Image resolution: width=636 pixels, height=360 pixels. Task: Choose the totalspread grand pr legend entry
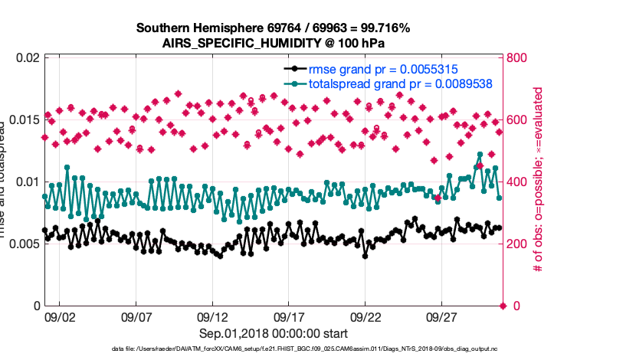point(399,83)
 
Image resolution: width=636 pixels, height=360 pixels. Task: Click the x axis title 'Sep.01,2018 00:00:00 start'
point(274,333)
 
